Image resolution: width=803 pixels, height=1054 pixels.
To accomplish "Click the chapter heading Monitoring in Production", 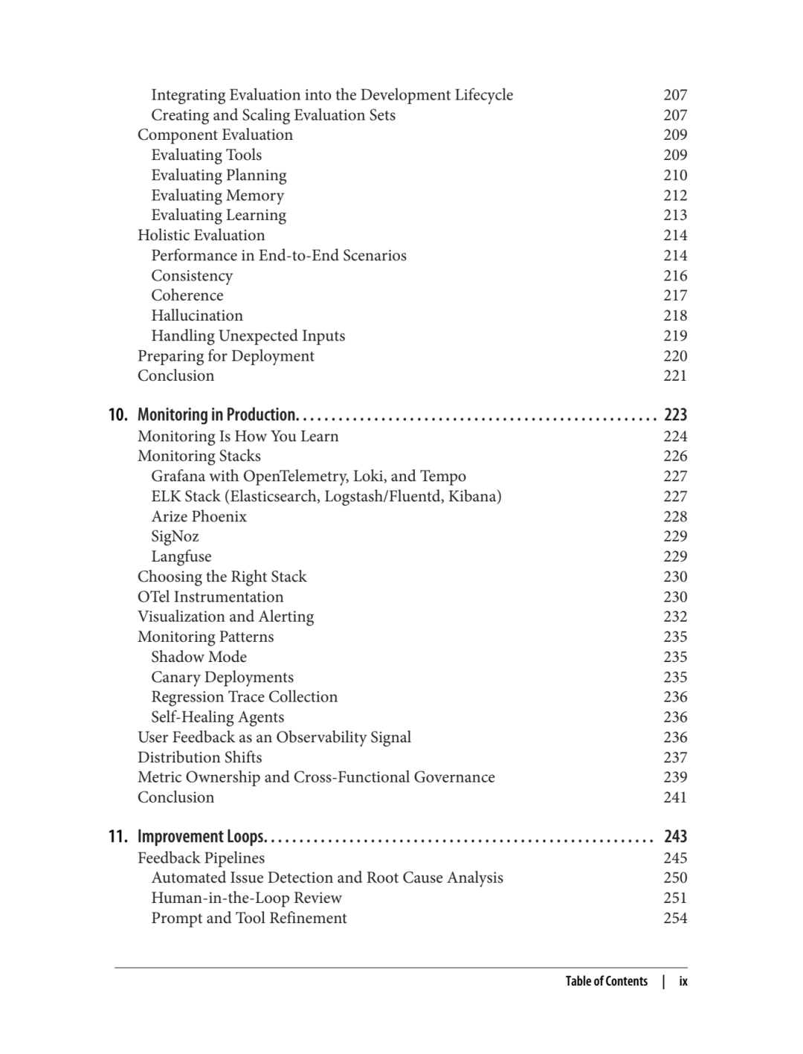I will [217, 415].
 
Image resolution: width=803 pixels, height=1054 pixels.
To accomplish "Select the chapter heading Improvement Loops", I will [201, 837].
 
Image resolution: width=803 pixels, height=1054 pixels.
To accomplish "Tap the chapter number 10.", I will [117, 415].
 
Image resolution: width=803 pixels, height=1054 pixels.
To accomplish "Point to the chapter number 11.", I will [117, 837].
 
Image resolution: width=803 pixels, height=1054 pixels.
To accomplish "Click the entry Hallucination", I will [197, 315].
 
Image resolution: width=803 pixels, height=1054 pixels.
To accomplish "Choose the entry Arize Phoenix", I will [199, 516].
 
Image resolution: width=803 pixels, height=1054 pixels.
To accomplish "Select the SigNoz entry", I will [175, 536].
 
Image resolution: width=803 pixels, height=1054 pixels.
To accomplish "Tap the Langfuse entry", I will [181, 556].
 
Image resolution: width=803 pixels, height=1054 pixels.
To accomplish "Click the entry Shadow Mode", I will [199, 657].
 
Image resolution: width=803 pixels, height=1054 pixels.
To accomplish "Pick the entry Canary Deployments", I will [222, 677].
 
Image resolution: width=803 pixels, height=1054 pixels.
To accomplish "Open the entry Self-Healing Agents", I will [217, 717].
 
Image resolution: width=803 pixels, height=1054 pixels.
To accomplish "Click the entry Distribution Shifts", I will [199, 757].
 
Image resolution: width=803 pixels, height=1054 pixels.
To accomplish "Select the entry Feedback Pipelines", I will [201, 858].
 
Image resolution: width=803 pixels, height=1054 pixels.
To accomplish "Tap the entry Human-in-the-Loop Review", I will [246, 898].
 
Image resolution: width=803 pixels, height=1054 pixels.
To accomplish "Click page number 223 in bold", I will [675, 415].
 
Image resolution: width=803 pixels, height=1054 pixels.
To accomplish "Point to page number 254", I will [675, 918].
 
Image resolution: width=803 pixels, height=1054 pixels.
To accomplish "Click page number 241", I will [675, 797].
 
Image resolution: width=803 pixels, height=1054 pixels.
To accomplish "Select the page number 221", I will [675, 376].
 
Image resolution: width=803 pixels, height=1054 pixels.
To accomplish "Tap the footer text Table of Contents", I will [606, 981].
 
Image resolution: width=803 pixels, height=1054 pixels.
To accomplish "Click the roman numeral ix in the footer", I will [683, 981].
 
